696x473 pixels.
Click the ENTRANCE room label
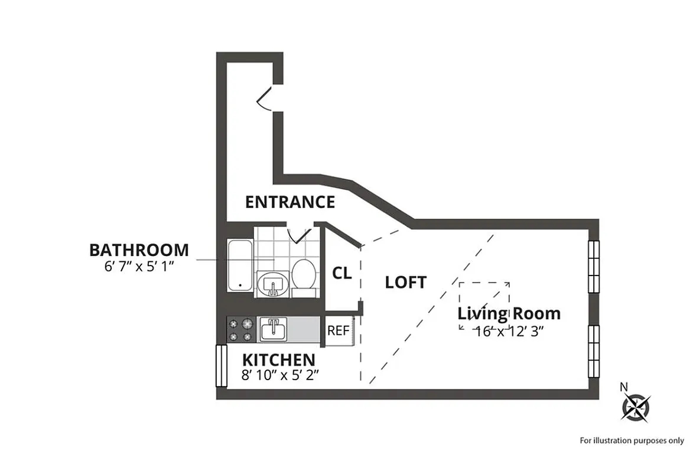point(290,202)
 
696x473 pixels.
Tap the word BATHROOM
point(139,250)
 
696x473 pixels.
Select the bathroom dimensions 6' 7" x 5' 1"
point(139,266)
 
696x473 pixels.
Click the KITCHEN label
point(278,359)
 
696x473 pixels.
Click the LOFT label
point(405,283)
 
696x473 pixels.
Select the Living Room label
point(509,313)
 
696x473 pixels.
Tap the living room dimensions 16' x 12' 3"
point(509,331)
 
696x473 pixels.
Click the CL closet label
point(342,274)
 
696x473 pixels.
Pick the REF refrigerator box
point(339,331)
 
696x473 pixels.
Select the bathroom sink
point(272,283)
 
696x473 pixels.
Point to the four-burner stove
point(240,330)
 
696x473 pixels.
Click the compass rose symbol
point(636,407)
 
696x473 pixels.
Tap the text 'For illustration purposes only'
point(632,440)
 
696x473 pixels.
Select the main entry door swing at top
point(265,98)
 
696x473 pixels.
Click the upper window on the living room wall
point(593,265)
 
